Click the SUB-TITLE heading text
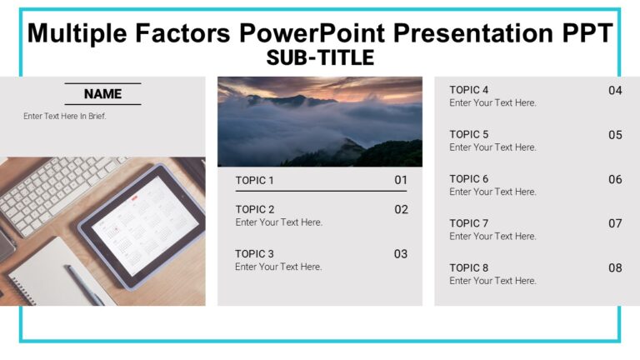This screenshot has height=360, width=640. click(x=320, y=57)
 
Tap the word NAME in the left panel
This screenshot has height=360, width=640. click(x=102, y=94)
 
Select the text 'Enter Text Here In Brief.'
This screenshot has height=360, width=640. click(x=65, y=116)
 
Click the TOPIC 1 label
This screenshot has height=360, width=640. click(x=254, y=180)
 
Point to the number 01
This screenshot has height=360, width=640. click(x=401, y=180)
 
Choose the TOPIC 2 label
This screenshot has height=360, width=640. click(x=254, y=209)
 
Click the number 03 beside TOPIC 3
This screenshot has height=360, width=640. click(x=401, y=254)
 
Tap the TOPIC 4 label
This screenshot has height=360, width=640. click(x=469, y=90)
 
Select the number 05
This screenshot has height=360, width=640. click(x=615, y=135)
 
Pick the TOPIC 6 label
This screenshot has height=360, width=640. click(x=469, y=178)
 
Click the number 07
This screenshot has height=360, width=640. click(x=615, y=223)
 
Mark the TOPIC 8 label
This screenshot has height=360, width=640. click(x=469, y=267)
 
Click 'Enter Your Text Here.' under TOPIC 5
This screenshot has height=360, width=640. click(x=492, y=147)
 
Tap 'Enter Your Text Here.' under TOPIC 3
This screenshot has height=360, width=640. click(x=278, y=267)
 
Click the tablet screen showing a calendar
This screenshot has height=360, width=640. click(x=142, y=225)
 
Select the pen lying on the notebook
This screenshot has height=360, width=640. click(x=83, y=284)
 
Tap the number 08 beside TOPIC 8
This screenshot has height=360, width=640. click(x=615, y=268)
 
